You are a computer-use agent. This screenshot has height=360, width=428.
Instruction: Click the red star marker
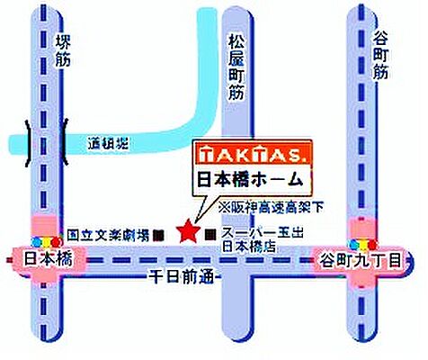188,231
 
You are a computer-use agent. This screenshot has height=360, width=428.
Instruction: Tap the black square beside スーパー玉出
210,234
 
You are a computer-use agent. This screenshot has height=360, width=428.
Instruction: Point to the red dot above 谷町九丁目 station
372,244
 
